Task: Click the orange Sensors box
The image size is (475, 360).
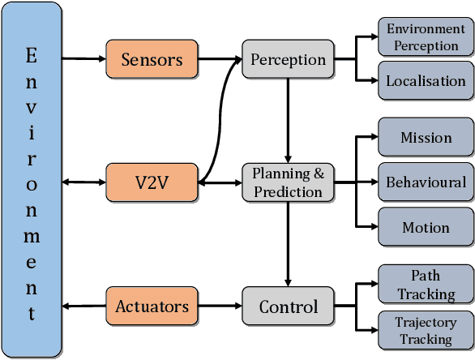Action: (x=152, y=59)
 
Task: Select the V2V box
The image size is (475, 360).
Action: (x=152, y=182)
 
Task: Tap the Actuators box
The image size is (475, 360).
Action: (x=152, y=306)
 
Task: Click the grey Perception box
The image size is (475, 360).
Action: (x=288, y=59)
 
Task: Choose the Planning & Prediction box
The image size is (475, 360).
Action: (x=288, y=182)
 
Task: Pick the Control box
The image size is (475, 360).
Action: (x=288, y=306)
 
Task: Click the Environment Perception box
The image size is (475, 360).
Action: (x=426, y=38)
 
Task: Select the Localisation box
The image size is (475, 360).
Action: (x=426, y=80)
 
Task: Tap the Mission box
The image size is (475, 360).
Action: (x=426, y=138)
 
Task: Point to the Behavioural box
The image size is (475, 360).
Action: (x=426, y=182)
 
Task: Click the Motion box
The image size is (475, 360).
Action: (x=426, y=227)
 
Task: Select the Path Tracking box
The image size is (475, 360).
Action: (x=426, y=285)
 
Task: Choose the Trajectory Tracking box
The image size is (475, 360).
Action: (x=426, y=331)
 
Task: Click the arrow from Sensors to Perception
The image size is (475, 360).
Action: (x=220, y=59)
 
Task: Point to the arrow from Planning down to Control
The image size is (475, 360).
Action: (x=288, y=243)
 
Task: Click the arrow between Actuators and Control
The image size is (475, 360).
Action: (x=220, y=306)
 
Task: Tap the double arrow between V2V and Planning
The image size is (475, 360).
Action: (x=220, y=183)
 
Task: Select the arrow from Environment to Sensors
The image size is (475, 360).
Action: (x=83, y=59)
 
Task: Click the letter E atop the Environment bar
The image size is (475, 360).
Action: (x=32, y=56)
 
